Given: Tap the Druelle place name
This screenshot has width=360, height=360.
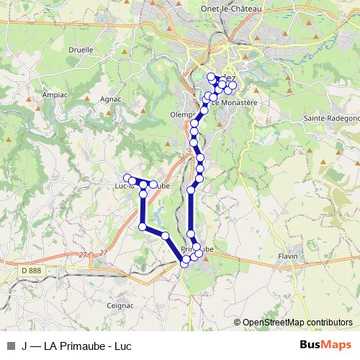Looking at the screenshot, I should tap(81, 50).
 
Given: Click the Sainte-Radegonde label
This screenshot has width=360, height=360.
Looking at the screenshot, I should tap(331, 117).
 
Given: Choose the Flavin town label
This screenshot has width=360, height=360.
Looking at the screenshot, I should tap(288, 256).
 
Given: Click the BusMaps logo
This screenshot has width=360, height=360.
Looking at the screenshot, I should tap(326, 344).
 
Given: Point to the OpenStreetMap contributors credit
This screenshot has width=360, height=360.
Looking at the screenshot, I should tap(297, 323).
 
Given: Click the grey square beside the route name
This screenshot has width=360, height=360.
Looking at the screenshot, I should tap(10, 344).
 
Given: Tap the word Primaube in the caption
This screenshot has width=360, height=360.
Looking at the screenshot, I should tap(86, 344).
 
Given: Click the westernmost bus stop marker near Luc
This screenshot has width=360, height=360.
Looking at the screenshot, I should tap(127, 178).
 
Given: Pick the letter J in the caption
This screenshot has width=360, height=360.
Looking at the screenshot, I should tap(25, 344).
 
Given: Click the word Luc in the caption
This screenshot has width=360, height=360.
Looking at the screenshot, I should tap(122, 344).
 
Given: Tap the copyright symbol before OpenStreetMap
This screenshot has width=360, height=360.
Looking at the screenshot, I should tap(238, 323).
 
